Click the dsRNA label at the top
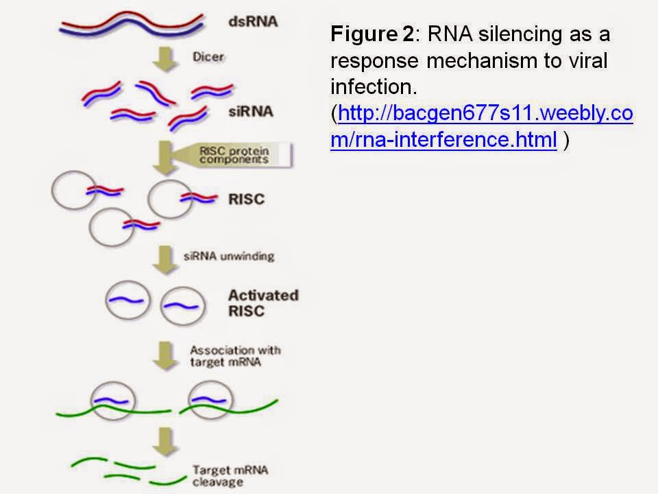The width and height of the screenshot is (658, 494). click(252, 21)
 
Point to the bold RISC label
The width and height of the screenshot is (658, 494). click(246, 200)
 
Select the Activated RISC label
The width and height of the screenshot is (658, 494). click(263, 303)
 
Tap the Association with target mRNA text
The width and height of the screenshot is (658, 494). click(235, 357)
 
